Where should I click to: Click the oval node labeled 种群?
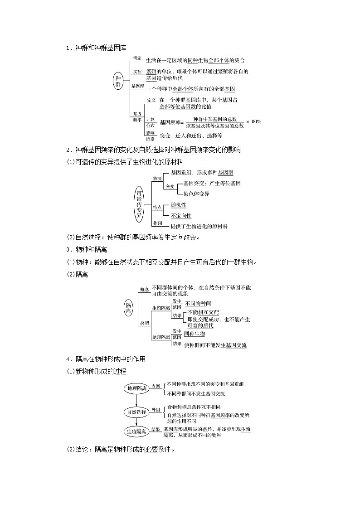coord(118,81)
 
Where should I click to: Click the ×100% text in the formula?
coord(253,122)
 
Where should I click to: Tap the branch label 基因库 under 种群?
coord(137,86)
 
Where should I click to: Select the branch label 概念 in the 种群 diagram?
coord(137,58)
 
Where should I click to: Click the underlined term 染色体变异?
coord(196,194)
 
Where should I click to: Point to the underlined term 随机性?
coord(178,205)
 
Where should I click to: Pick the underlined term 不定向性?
coord(180,216)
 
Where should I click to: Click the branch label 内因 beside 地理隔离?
coord(156,386)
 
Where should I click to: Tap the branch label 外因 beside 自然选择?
coord(156,410)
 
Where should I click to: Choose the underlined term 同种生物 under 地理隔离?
coord(194,334)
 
